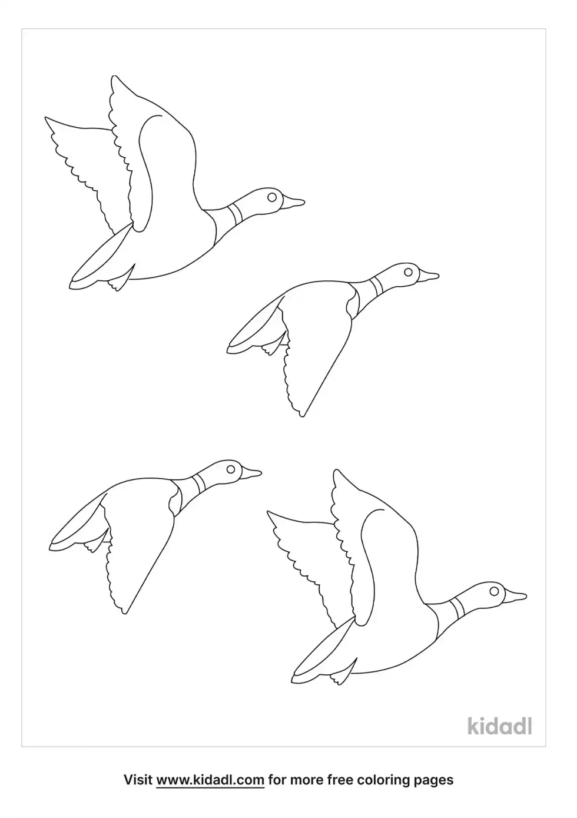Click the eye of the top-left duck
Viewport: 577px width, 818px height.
(x=271, y=197)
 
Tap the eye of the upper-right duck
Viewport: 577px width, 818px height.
(x=408, y=271)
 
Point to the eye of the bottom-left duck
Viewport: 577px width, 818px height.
(x=230, y=469)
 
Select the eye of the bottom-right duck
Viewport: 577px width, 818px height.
(x=494, y=591)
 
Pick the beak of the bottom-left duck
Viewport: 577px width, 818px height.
(x=251, y=473)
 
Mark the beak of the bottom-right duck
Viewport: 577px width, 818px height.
(x=516, y=596)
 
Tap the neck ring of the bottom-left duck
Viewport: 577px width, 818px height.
(x=198, y=483)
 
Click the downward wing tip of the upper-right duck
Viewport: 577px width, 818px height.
(x=302, y=416)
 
